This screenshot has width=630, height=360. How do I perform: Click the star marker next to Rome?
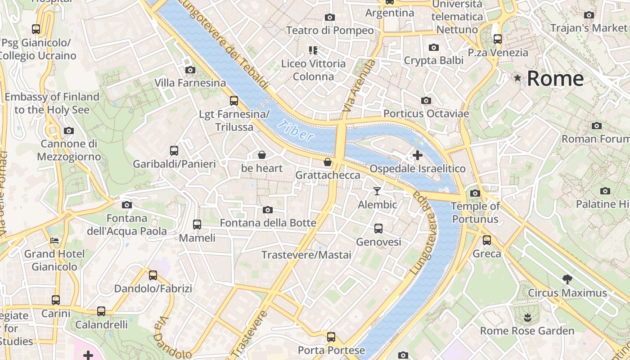pos(518,78)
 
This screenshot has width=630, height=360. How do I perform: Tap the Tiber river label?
pos(295,130)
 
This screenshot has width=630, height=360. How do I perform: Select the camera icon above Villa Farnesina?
pos(190,70)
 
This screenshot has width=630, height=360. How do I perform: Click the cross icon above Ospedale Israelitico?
pos(418,155)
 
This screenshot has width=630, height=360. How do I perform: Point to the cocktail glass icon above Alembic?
pos(377,191)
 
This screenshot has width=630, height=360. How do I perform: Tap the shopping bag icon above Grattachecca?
pos(328,162)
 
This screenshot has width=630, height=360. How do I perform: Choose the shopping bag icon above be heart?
pos(262,155)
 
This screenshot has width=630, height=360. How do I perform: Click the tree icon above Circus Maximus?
pos(567,279)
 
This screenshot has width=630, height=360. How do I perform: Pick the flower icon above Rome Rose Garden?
pos(527,318)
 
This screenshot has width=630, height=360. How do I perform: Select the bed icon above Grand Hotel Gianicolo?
pos(54,241)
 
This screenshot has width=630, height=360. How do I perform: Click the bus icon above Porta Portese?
pos(331,337)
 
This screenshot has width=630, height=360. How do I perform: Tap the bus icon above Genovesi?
pos(378,229)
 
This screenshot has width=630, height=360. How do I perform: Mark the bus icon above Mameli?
pos(197,224)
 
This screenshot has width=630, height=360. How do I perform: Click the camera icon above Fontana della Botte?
pos(268,210)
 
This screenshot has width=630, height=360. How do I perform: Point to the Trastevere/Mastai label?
pos(306,255)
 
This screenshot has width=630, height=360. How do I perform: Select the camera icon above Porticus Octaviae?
pos(426,100)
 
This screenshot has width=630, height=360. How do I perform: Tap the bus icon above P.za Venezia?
pos(497,39)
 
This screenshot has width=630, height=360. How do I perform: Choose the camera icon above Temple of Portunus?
pos(475,193)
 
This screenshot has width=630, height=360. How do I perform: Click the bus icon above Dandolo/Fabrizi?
pos(153,275)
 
